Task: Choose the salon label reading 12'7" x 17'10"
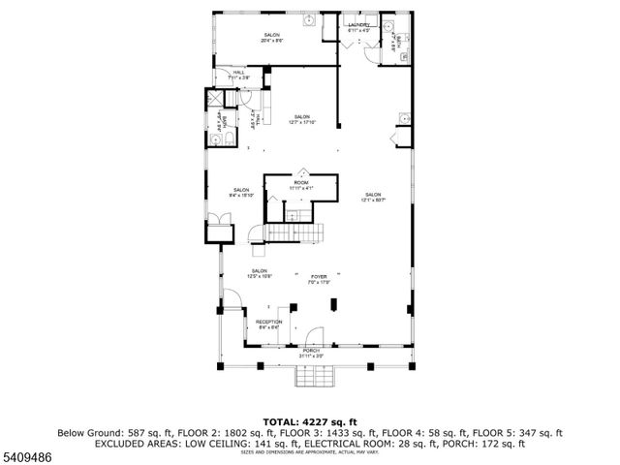(x=302, y=119)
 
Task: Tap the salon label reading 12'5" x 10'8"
(x=260, y=272)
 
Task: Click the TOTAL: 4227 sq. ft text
(x=309, y=421)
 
